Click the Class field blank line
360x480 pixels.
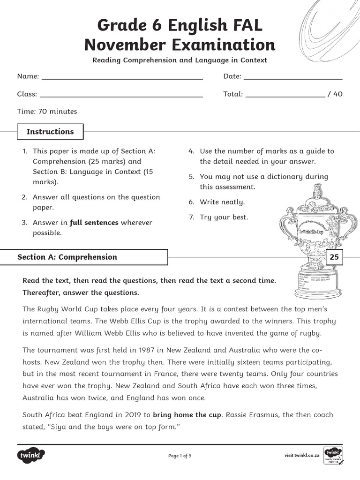tap(121, 96)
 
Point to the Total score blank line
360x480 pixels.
tap(285, 96)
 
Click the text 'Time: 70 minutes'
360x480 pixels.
tap(47, 112)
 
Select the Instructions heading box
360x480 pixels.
tap(50, 132)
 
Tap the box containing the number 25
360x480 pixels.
tap(334, 257)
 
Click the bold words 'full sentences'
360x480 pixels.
tap(94, 223)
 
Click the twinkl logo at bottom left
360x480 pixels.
tap(31, 455)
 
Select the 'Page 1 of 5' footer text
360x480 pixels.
tap(180, 456)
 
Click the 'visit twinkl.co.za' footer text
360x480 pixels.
tap(302, 456)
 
